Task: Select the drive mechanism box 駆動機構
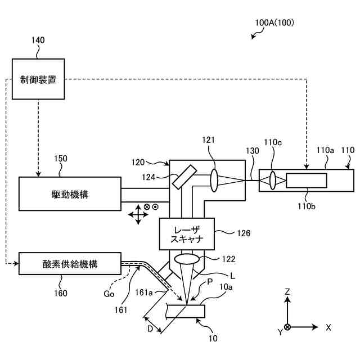pyautogui.click(x=70, y=194)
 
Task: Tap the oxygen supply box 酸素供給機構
pyautogui.click(x=70, y=264)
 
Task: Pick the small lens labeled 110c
pyautogui.click(x=273, y=181)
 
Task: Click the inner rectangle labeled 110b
pyautogui.click(x=307, y=181)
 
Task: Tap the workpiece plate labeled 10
pyautogui.click(x=186, y=311)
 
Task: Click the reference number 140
pyautogui.click(x=38, y=40)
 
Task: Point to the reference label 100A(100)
pyautogui.click(x=274, y=24)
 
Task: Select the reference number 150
pyautogui.click(x=61, y=159)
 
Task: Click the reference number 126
pyautogui.click(x=244, y=232)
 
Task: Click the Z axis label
pyautogui.click(x=287, y=291)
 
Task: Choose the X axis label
pyautogui.click(x=328, y=327)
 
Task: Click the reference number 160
pyautogui.click(x=60, y=293)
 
